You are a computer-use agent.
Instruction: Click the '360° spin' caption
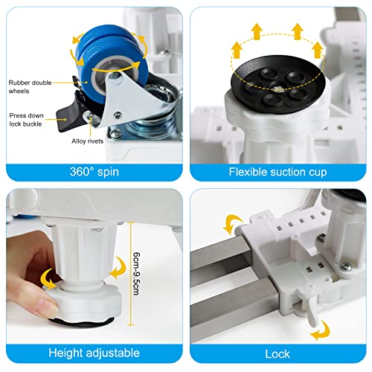click(94, 172)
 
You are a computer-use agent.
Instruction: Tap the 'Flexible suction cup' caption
click(278, 172)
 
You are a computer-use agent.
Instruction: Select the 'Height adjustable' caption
click(94, 353)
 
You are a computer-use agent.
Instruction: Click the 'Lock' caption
click(278, 353)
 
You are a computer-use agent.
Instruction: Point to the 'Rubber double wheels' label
click(30, 87)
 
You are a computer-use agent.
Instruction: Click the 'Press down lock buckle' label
click(26, 120)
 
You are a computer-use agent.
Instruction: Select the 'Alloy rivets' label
click(88, 141)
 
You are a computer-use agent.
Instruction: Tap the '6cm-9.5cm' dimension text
click(136, 274)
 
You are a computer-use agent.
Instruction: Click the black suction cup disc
click(278, 84)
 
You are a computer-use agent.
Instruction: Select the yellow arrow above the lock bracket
click(233, 224)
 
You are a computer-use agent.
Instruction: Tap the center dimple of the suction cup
click(278, 87)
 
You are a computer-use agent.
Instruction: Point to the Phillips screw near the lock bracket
click(345, 266)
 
